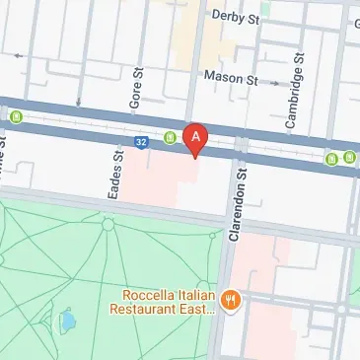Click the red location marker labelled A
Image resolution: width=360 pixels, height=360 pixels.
tap(196, 138)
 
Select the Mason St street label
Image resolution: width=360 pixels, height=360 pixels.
tap(230, 76)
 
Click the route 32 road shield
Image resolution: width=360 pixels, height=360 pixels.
tap(143, 142)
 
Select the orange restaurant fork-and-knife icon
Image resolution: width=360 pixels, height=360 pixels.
tap(231, 300)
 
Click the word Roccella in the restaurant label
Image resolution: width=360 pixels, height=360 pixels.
tap(149, 293)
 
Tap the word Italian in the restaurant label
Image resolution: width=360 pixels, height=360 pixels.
tap(197, 293)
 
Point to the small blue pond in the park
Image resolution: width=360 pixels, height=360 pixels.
tap(68, 320)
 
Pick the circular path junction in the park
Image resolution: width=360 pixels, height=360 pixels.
tap(108, 225)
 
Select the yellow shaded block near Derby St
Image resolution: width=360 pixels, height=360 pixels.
tap(201, 39)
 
